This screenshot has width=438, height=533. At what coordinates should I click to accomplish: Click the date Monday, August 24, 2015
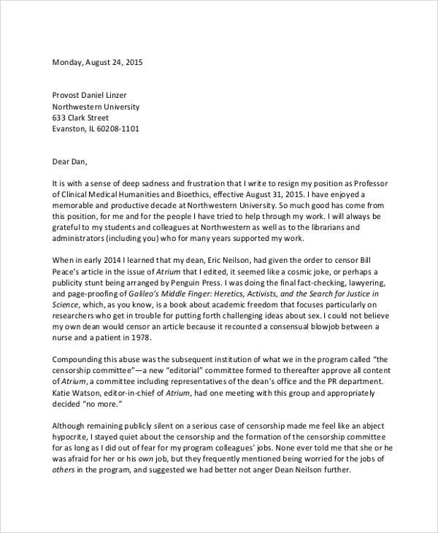click(x=97, y=62)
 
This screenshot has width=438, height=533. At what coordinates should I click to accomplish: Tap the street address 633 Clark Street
click(x=80, y=118)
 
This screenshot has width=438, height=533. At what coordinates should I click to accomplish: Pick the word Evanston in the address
click(x=70, y=129)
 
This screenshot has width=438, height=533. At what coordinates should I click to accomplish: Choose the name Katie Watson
click(x=78, y=392)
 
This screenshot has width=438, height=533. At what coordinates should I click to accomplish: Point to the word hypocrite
click(x=72, y=437)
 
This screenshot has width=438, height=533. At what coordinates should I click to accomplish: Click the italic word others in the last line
click(x=64, y=469)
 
